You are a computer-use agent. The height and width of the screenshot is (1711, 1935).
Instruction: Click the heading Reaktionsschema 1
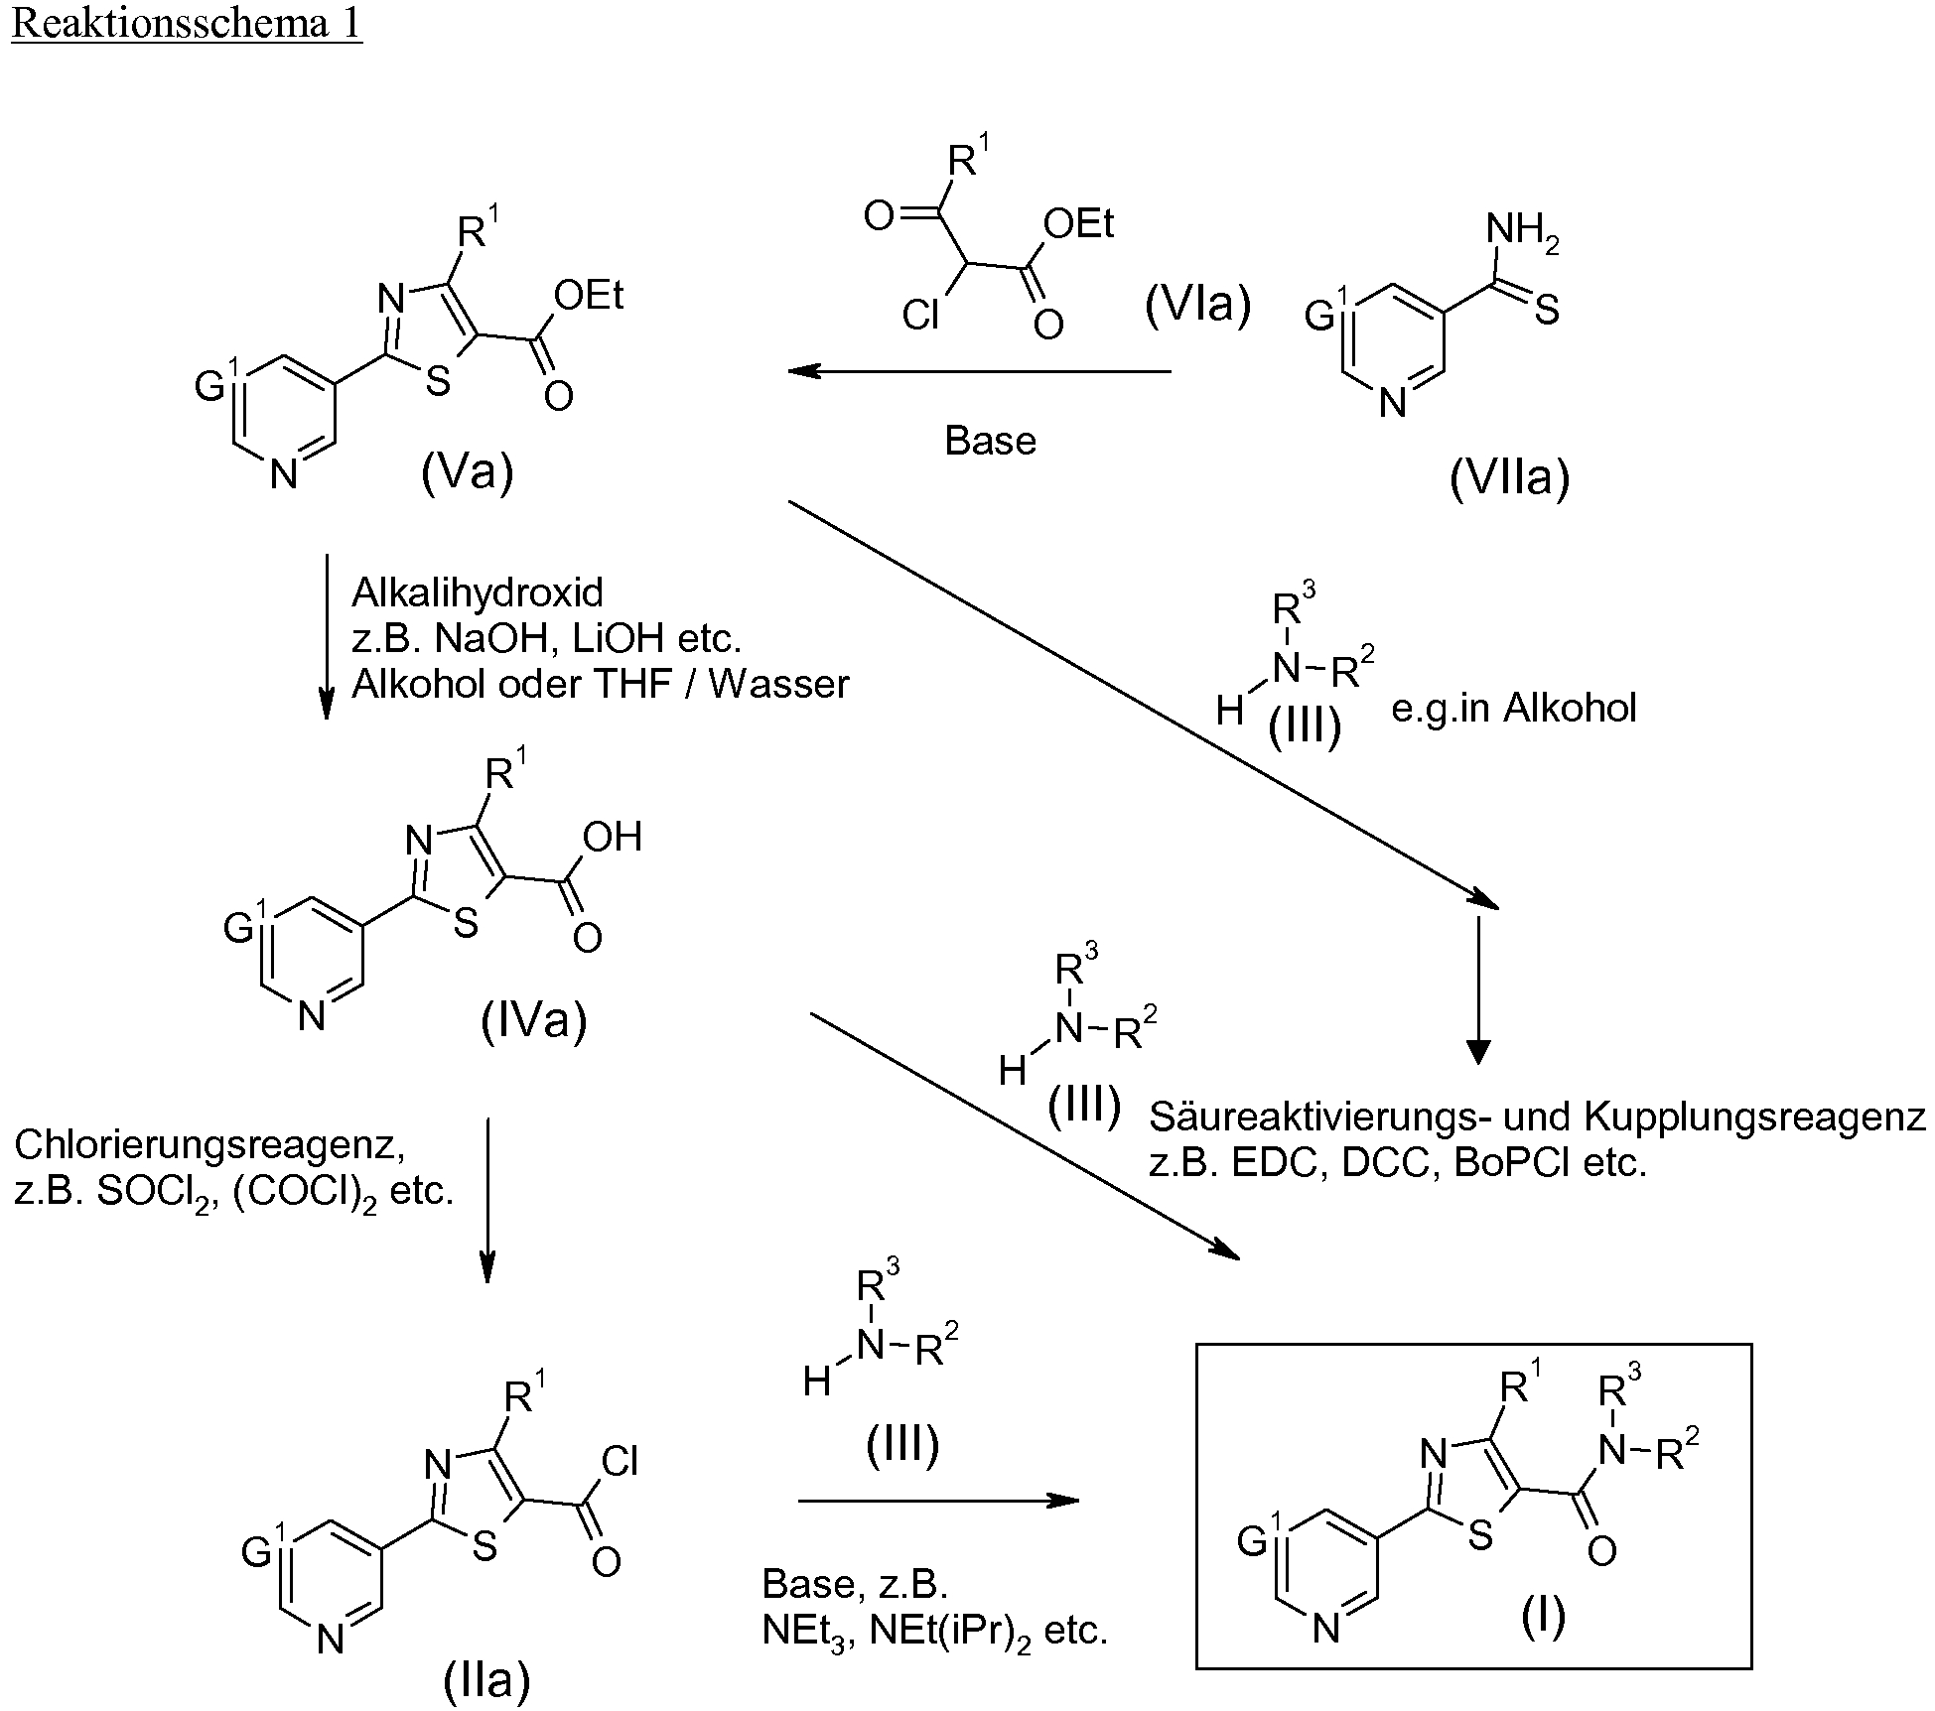[x=187, y=23]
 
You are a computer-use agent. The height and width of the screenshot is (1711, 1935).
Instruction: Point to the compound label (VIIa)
[x=1509, y=479]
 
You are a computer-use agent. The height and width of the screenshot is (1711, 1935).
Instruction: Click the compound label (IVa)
[x=533, y=1020]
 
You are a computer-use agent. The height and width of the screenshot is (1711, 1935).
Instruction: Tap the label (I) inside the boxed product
[x=1543, y=1616]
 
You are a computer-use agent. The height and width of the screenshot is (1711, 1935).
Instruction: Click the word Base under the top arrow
[x=990, y=441]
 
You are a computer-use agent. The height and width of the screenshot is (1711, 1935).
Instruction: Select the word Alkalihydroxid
[x=478, y=592]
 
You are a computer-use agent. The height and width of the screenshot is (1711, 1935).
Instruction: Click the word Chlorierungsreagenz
[x=209, y=1146]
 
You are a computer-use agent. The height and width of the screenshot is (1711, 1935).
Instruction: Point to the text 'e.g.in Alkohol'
[x=1513, y=709]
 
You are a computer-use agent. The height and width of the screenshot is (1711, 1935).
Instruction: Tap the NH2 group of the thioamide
[x=1523, y=233]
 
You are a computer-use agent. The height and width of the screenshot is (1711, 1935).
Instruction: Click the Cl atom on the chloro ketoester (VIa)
[x=921, y=316]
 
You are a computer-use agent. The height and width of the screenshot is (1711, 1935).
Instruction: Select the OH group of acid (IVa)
[x=613, y=837]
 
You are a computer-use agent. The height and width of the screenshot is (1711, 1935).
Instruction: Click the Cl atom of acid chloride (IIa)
[x=621, y=1461]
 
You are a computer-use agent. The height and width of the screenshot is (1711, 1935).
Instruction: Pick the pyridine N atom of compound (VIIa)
[x=1394, y=403]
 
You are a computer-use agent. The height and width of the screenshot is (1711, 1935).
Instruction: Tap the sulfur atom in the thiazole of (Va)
[x=438, y=383]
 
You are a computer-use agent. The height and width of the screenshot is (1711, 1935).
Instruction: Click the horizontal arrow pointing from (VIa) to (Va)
[x=979, y=372]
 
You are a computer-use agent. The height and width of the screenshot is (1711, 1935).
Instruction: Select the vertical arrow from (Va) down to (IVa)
[x=326, y=636]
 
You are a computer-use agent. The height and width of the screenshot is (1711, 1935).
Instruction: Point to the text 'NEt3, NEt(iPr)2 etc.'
[x=934, y=1632]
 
